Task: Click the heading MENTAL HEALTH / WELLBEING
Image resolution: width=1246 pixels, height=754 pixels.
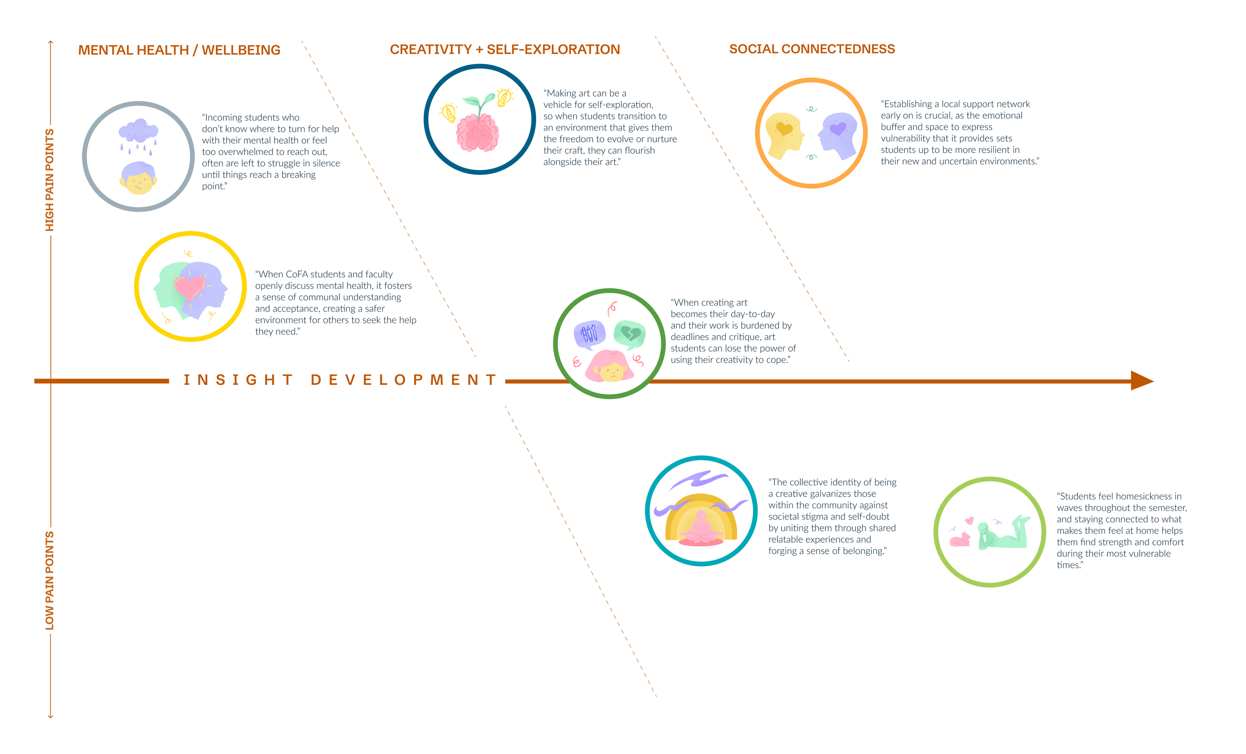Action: [179, 50]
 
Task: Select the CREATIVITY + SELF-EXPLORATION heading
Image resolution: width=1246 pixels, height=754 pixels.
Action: [505, 49]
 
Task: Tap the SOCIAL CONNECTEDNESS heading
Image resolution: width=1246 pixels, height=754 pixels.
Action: [811, 49]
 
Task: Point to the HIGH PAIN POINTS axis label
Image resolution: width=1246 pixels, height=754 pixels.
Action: [49, 180]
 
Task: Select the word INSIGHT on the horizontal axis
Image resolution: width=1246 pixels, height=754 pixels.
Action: [238, 380]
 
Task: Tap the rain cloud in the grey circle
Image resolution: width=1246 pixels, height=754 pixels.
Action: [138, 131]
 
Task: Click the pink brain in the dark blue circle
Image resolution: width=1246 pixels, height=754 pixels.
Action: [477, 133]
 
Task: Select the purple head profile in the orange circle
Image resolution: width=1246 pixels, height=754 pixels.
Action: [838, 134]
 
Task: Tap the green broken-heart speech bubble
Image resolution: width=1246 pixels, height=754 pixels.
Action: [629, 334]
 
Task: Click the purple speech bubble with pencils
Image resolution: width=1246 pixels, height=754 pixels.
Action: [589, 334]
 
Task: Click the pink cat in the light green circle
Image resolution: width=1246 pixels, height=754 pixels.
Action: [960, 540]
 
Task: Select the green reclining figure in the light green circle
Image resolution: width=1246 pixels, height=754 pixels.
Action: [1004, 535]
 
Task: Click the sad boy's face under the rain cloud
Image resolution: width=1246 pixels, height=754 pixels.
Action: [138, 179]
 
